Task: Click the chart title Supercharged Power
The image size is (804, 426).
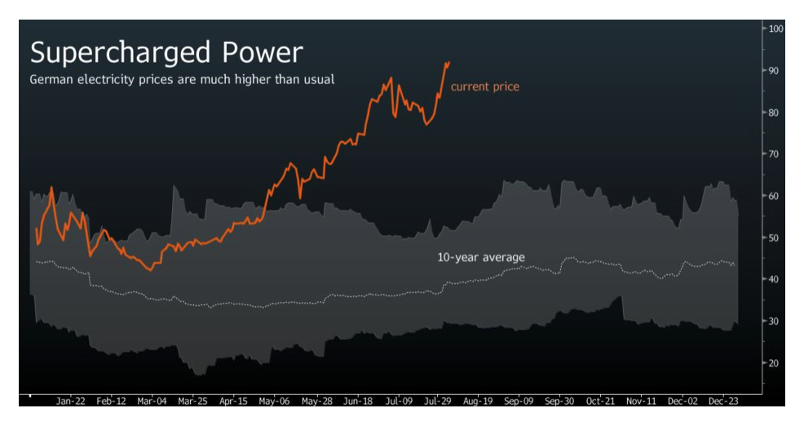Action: tap(166, 53)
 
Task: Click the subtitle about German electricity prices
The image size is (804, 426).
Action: tap(182, 80)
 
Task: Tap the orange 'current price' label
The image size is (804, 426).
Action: tap(484, 87)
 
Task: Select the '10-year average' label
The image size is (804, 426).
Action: tap(481, 257)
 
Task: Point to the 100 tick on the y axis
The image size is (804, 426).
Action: tap(775, 29)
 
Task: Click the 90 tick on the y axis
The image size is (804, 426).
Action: tap(775, 71)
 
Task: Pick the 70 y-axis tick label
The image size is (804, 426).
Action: tap(775, 154)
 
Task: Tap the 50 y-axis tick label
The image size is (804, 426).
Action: tap(775, 237)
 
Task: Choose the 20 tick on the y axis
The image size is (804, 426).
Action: tap(775, 362)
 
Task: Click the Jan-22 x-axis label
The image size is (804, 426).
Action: tap(71, 402)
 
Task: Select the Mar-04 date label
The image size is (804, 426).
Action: tap(152, 402)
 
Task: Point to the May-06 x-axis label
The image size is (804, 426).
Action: tap(274, 402)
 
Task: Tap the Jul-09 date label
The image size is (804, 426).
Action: tap(397, 402)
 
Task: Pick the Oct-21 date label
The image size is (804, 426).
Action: tap(600, 402)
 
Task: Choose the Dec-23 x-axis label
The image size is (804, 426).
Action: tap(722, 402)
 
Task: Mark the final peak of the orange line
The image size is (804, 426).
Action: tap(447, 62)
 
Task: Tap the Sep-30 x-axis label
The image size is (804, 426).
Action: tap(559, 402)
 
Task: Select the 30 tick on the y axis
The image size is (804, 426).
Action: tap(775, 321)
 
